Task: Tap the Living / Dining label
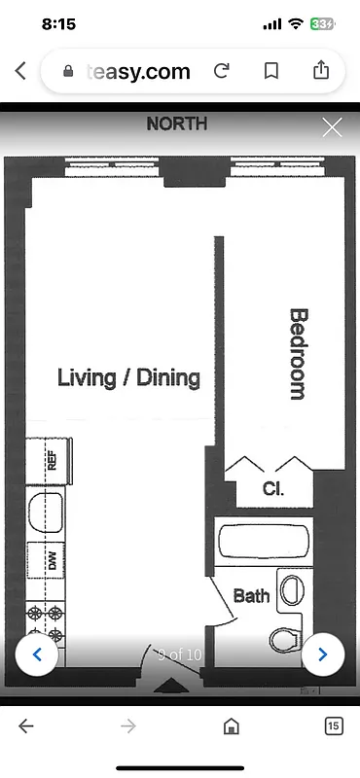click(128, 377)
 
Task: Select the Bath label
click(251, 595)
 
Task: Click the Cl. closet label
click(273, 489)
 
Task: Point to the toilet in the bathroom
click(284, 640)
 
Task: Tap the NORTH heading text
click(176, 124)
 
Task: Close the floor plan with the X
click(332, 127)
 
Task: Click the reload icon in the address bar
click(222, 71)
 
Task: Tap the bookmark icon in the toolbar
click(271, 71)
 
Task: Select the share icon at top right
click(321, 70)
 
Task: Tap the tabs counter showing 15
click(333, 725)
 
